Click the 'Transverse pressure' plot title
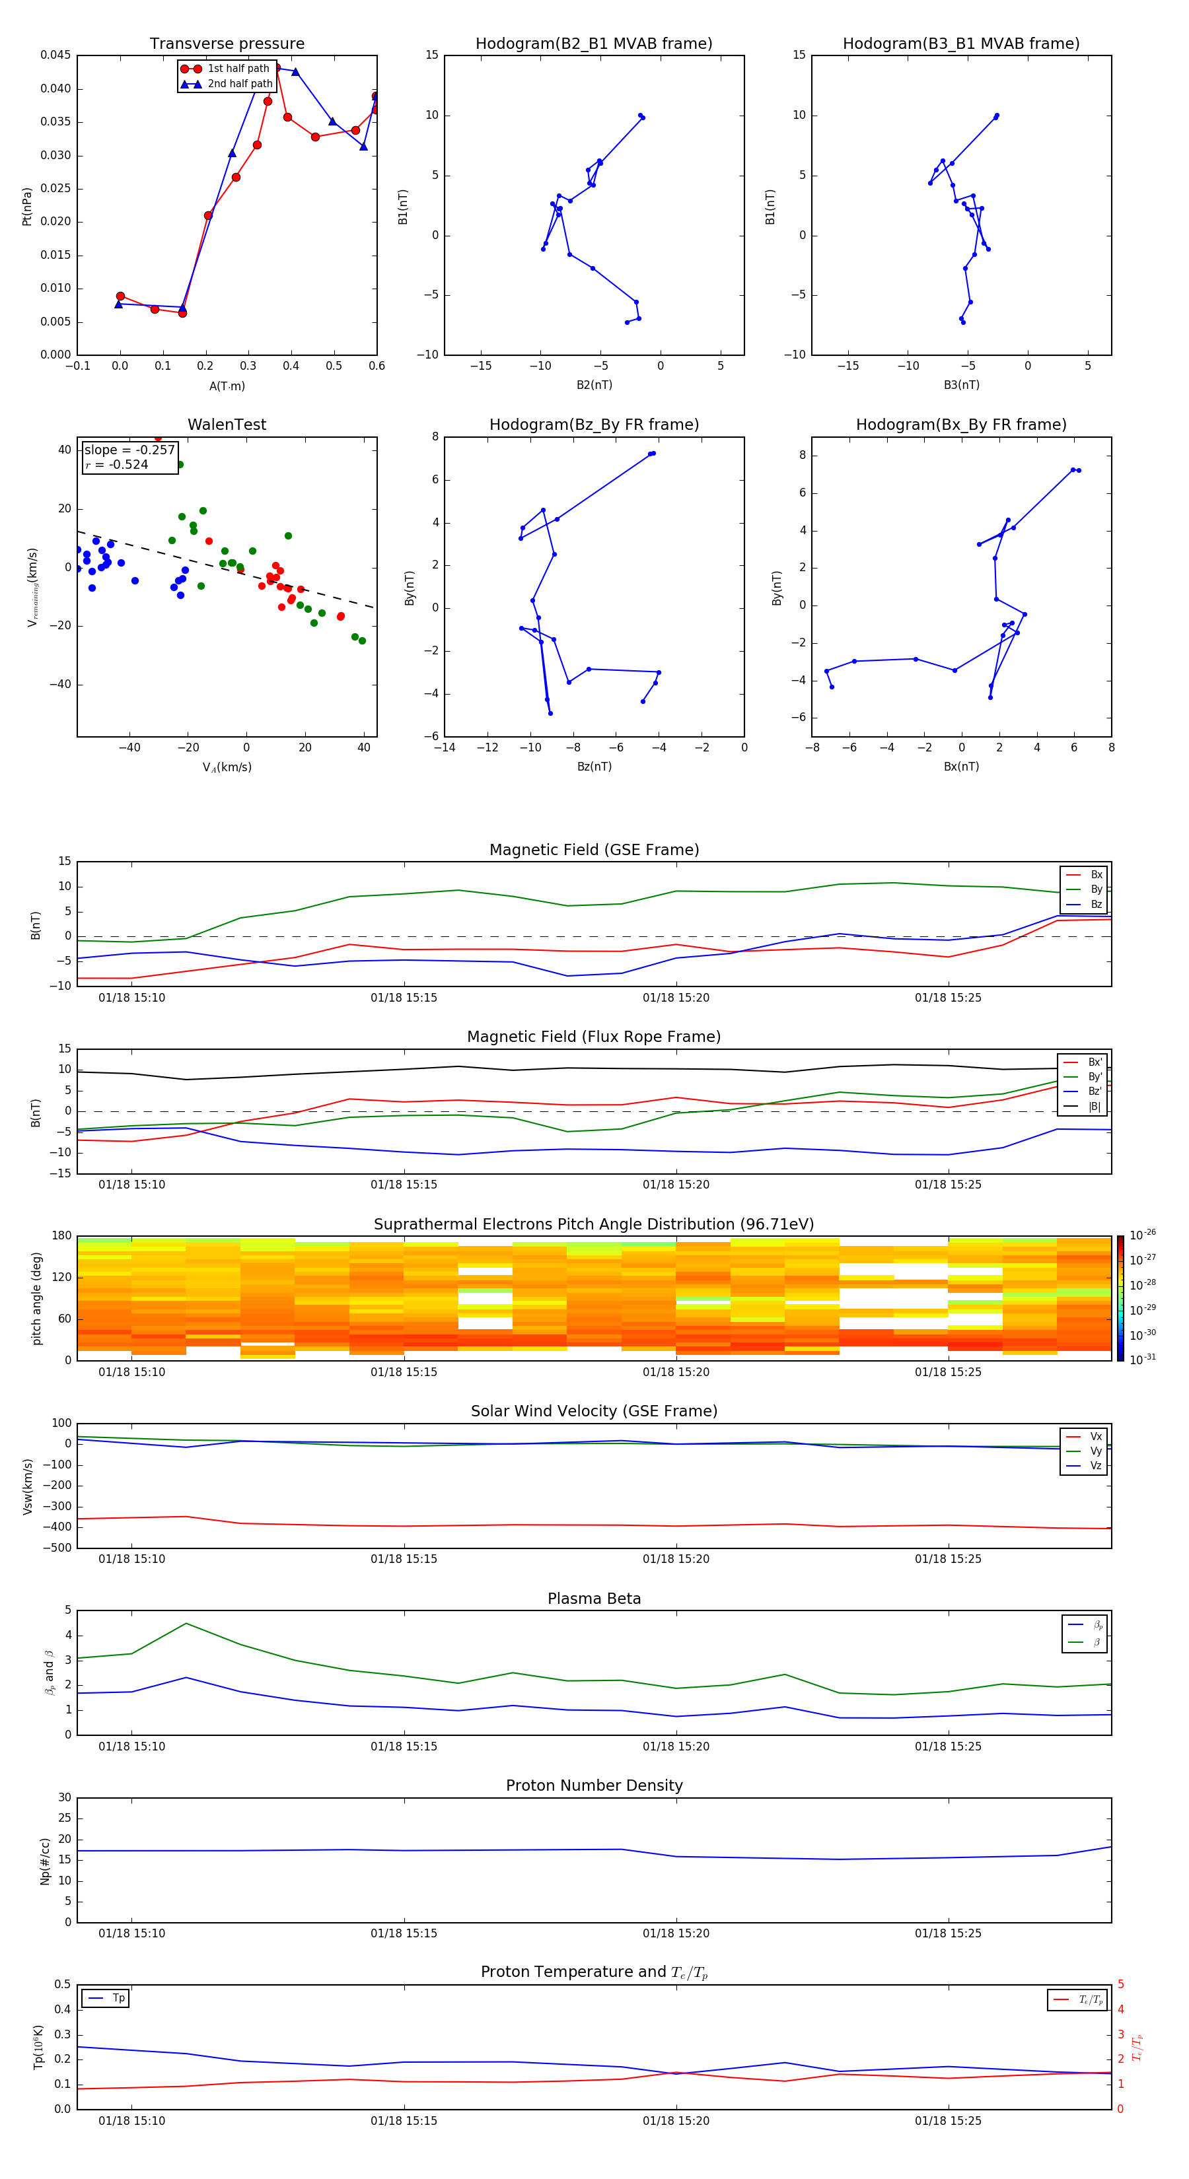pyautogui.click(x=227, y=44)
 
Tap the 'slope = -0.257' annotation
pyautogui.click(x=129, y=450)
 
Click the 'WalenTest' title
pyautogui.click(x=227, y=425)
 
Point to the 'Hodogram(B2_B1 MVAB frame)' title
pyautogui.click(x=594, y=44)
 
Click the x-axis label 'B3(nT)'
pyautogui.click(x=961, y=385)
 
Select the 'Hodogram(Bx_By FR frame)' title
pyautogui.click(x=961, y=425)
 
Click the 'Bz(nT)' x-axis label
pyautogui.click(x=594, y=767)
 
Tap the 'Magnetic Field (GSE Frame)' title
pyautogui.click(x=594, y=850)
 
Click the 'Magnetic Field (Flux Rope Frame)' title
pyautogui.click(x=594, y=1037)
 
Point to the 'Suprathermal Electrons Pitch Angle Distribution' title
pyautogui.click(x=594, y=1224)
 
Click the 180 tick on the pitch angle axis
pyautogui.click(x=62, y=1236)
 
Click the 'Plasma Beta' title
pyautogui.click(x=594, y=1599)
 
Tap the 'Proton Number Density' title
pyautogui.click(x=594, y=1785)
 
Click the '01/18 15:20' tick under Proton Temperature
pyautogui.click(x=676, y=2121)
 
